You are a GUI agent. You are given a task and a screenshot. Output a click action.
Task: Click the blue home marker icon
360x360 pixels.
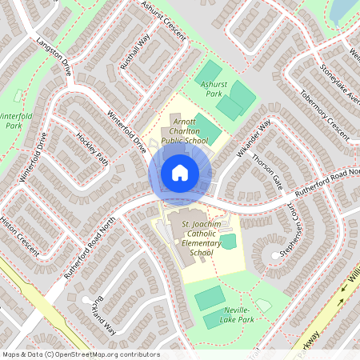click(180, 172)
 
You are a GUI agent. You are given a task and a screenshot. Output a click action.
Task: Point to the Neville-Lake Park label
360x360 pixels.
click(238, 314)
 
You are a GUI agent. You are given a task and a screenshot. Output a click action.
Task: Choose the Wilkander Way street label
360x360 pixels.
click(254, 137)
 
